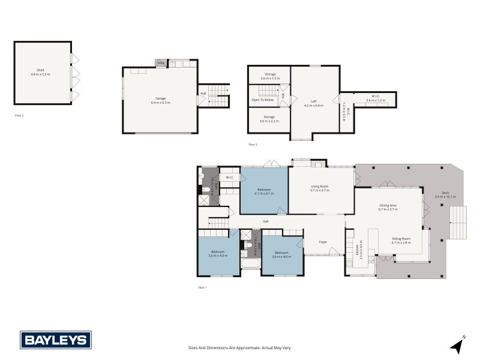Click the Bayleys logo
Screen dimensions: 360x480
(56, 340)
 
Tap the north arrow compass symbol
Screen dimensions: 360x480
(458, 345)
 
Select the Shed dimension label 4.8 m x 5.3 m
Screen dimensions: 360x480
(40, 74)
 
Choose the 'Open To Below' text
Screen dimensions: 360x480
(263, 100)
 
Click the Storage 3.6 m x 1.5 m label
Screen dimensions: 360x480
(270, 76)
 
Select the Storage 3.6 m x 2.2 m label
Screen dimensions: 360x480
(269, 119)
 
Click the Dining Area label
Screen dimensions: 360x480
(388, 207)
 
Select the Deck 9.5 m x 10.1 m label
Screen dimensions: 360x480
(445, 195)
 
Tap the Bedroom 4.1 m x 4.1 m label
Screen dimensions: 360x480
(264, 191)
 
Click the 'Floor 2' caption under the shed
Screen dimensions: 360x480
(19, 114)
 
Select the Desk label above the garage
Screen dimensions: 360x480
(161, 62)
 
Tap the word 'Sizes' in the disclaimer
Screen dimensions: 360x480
(193, 348)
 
